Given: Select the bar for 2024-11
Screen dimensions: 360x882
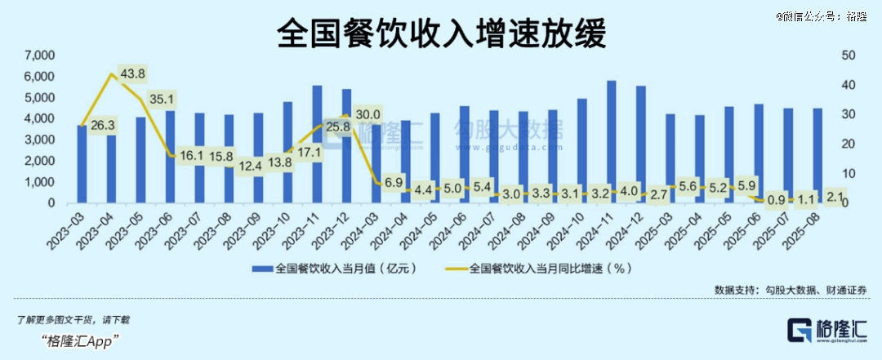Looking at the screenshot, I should [x=611, y=142].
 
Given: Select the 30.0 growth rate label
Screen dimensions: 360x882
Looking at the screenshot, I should [x=367, y=114].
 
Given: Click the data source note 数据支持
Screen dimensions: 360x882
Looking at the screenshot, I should [x=791, y=290].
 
